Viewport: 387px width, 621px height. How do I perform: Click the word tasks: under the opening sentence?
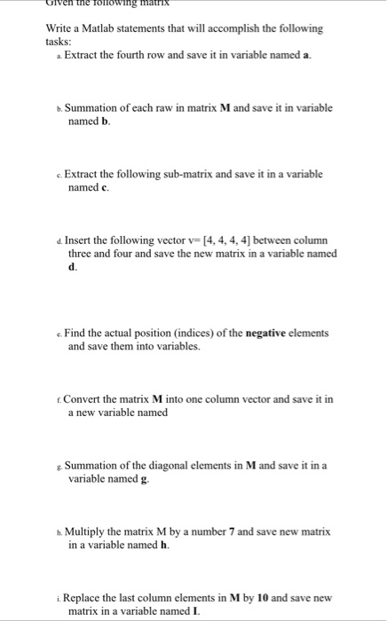59,41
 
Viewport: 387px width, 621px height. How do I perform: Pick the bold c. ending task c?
105,187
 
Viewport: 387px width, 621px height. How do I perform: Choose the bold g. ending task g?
145,479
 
